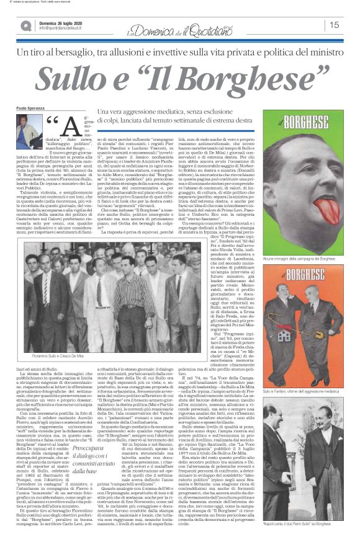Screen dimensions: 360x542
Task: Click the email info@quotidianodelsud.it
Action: (x=67, y=28)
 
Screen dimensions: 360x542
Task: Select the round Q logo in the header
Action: (x=26, y=25)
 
